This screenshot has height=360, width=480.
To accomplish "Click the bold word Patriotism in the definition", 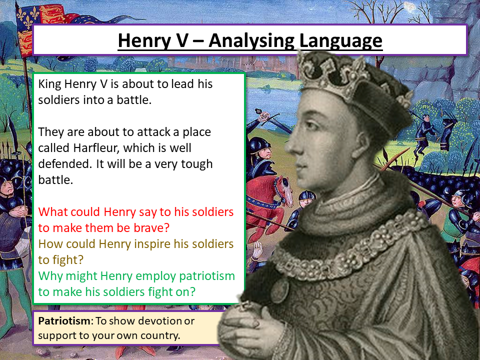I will click(62, 320).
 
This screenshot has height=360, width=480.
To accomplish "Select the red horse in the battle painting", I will click(270, 194).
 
